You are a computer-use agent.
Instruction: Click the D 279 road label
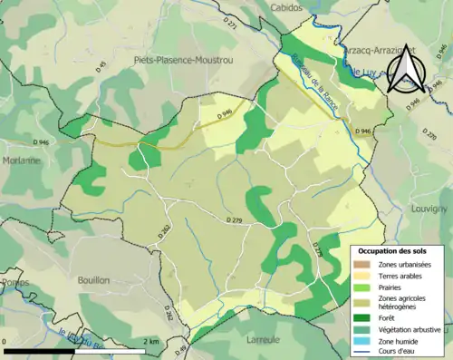(x=234, y=220)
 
